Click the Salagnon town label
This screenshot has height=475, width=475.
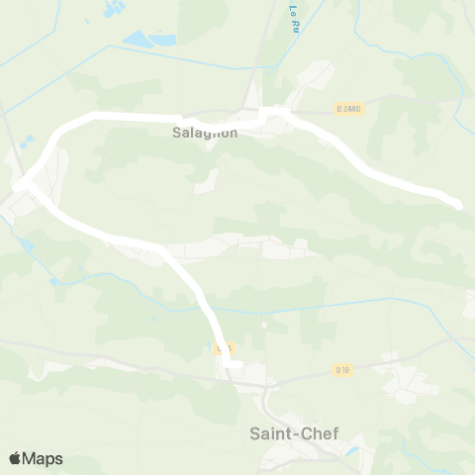[x=205, y=133]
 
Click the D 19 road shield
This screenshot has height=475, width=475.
[x=342, y=370]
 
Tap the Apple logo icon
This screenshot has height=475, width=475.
[x=16, y=458]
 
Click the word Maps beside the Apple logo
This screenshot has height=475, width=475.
[x=44, y=458]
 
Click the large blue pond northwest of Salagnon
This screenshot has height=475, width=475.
[x=144, y=39]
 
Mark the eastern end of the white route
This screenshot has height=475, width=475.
[x=457, y=204]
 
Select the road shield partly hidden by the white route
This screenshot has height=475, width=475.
[x=225, y=348]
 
